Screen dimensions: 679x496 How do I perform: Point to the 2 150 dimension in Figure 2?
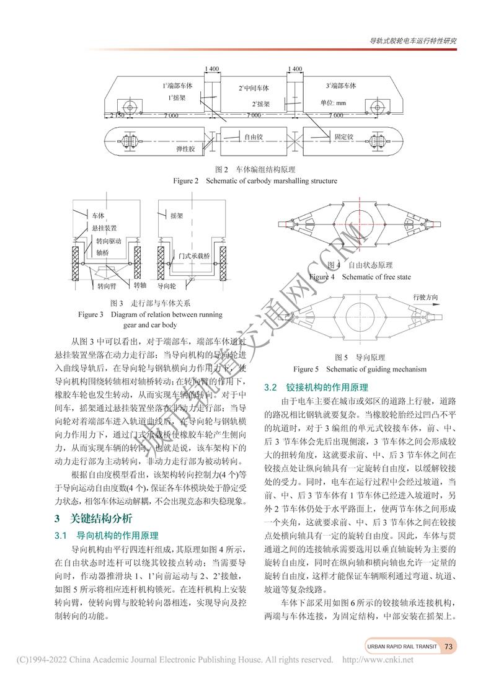pos(117,115)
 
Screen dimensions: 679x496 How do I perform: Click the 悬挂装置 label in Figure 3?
pos(105,228)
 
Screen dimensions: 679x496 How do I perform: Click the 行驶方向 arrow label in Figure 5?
pos(428,298)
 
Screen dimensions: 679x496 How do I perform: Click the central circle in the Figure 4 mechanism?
pos(358,228)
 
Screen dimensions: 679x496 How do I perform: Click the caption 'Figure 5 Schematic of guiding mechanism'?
pos(360,369)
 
